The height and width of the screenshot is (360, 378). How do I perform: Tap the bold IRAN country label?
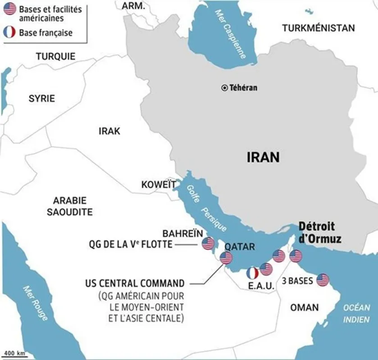[x=263, y=157]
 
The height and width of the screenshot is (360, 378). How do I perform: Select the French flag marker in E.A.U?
[x=252, y=273]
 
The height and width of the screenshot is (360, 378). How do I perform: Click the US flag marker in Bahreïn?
[x=208, y=243]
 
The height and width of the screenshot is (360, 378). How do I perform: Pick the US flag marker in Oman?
[x=323, y=280]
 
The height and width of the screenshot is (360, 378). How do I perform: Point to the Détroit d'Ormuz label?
[x=319, y=232]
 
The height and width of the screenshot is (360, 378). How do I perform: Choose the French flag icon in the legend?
[x=9, y=32]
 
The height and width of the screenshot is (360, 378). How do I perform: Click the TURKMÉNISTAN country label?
[x=318, y=28]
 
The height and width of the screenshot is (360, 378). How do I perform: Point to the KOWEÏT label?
[x=159, y=184]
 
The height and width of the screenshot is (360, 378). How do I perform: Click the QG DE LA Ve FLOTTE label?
[x=129, y=245]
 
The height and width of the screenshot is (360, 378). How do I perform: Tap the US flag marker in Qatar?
[x=226, y=258]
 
